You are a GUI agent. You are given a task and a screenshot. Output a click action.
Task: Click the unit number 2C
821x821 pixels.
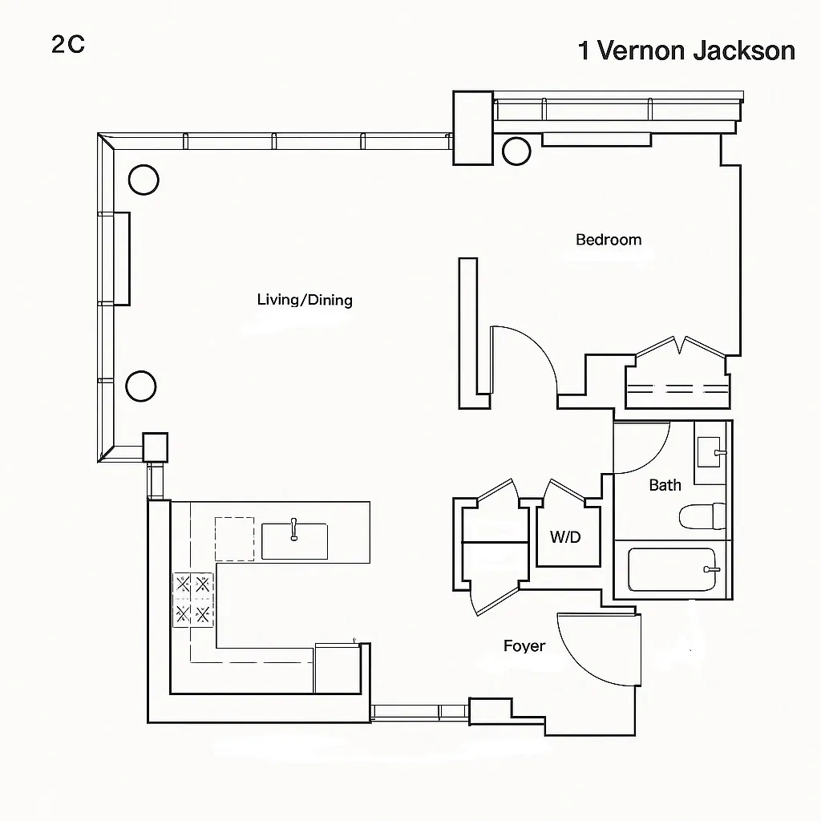(68, 44)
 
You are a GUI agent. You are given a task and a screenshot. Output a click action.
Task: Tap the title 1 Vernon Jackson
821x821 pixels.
(686, 51)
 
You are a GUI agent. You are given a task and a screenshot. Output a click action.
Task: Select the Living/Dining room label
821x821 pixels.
(305, 300)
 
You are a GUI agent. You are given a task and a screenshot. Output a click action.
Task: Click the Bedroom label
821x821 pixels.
(609, 239)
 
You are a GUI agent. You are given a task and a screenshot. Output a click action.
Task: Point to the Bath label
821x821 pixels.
(665, 484)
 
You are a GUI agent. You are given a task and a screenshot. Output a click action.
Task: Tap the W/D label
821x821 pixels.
(565, 537)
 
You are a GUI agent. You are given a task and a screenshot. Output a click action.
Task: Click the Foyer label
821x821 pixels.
(524, 645)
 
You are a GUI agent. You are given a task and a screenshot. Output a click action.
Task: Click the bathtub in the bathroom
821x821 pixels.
(672, 570)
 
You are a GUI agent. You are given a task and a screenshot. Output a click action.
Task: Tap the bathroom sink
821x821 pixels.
(710, 454)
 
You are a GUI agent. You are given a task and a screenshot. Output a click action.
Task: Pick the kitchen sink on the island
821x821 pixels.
(294, 540)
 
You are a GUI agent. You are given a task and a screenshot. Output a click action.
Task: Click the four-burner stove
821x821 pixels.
(193, 599)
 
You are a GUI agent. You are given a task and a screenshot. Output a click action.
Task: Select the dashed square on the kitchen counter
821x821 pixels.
(234, 538)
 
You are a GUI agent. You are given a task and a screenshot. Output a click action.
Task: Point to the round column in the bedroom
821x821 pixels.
(516, 150)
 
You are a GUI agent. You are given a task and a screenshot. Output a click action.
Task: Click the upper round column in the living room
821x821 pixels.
(144, 179)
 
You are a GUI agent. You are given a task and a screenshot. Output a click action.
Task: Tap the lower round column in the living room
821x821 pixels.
(141, 386)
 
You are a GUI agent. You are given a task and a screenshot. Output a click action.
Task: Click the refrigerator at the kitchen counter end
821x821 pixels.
(337, 667)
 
